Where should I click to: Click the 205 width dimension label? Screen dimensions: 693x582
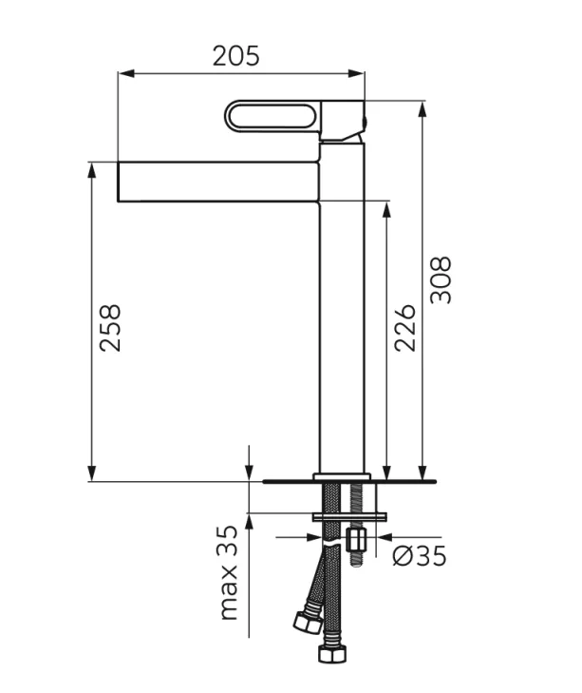coord(235,56)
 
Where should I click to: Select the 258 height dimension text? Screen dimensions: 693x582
coord(111,328)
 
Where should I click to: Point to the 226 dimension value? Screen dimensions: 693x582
coord(405,328)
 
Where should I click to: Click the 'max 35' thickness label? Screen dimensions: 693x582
coord(228,572)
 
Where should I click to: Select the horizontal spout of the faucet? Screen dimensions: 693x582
coord(217,182)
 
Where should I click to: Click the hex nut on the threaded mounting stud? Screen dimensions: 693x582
coord(357,541)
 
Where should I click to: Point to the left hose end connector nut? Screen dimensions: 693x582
coord(308,623)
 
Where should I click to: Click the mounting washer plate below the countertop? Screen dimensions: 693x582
coord(348,516)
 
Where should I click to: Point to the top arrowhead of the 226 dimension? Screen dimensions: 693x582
coord(386,207)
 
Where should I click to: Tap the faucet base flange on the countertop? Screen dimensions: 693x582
coord(342,476)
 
